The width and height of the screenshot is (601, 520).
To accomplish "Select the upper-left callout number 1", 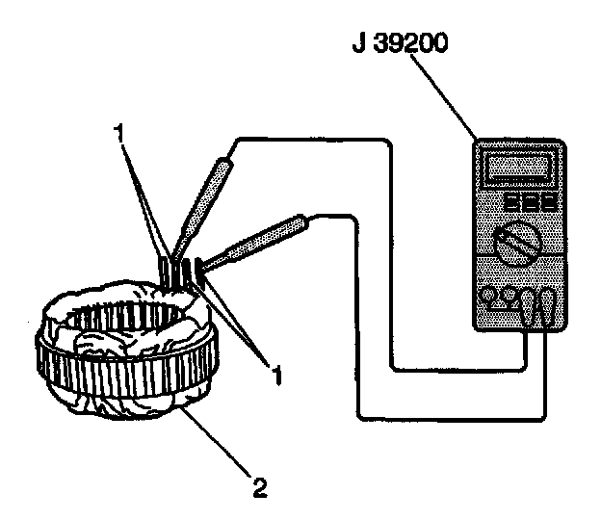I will pos(119,136).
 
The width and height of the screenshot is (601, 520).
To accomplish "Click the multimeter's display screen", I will pos(521,168).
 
